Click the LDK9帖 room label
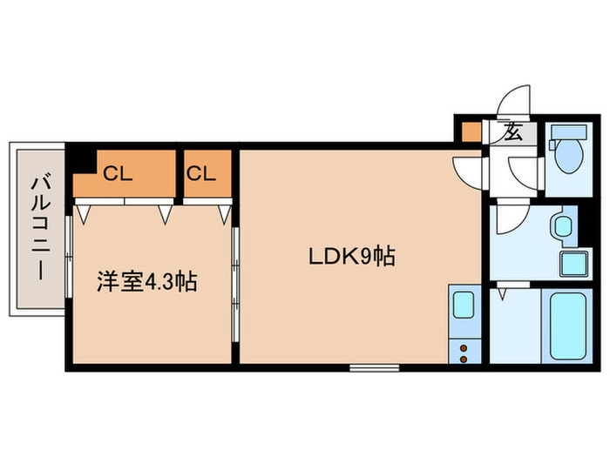click(x=353, y=257)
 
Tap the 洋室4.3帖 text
click(x=146, y=281)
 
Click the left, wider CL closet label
click(x=118, y=173)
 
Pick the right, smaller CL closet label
click(x=200, y=173)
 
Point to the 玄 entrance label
click(x=513, y=134)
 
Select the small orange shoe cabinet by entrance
click(x=471, y=133)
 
